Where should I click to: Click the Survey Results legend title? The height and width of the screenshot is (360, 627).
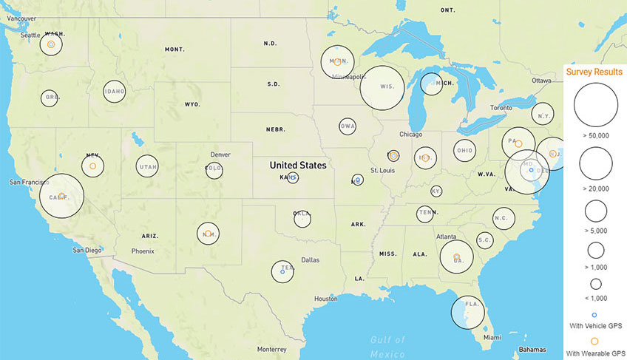(x=594, y=72)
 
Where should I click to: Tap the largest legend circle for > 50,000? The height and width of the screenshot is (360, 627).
(x=595, y=105)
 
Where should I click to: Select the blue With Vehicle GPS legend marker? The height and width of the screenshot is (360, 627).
(x=595, y=314)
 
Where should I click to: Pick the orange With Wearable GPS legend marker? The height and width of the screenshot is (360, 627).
(x=595, y=342)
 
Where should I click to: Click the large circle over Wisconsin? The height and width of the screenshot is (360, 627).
(x=382, y=87)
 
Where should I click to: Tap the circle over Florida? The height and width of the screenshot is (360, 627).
(x=467, y=311)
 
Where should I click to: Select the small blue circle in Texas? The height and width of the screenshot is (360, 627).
(x=283, y=272)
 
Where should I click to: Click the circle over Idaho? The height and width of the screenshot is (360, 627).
(x=115, y=92)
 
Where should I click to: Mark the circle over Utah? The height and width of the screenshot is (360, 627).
(x=147, y=166)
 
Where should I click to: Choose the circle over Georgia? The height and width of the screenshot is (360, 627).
(x=456, y=257)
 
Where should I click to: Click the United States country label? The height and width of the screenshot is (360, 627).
(x=297, y=166)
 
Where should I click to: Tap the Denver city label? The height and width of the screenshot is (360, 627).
(x=220, y=154)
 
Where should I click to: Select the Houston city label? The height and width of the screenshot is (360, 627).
(x=325, y=299)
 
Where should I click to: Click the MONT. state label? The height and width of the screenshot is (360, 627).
(x=175, y=50)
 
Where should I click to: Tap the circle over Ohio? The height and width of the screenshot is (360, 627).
(x=464, y=151)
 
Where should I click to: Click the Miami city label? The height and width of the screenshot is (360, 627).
(x=492, y=338)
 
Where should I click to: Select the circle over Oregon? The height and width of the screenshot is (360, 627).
(x=50, y=98)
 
